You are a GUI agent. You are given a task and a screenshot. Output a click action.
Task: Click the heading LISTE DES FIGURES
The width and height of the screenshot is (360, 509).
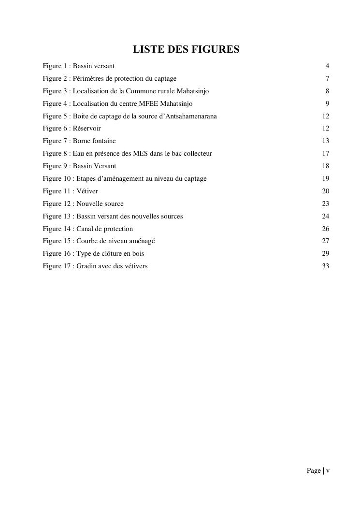tap(186, 49)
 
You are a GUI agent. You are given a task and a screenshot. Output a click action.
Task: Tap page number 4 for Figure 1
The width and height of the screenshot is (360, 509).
tap(327, 66)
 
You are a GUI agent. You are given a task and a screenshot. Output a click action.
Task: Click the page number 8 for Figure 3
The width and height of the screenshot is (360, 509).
tap(327, 91)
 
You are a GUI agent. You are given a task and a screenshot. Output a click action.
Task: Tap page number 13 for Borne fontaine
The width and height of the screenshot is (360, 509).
tap(325, 141)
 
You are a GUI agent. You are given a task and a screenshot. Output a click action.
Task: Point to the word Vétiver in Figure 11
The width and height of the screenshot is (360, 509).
tap(87, 191)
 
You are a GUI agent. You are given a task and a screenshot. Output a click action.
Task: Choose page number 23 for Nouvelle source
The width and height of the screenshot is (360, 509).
tap(325, 204)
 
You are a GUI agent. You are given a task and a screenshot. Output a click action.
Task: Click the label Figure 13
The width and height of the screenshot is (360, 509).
tap(57, 217)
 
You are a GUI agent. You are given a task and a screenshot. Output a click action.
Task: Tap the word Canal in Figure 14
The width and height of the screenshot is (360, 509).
tap(86, 229)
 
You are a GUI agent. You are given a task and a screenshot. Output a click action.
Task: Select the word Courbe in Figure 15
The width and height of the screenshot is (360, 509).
tap(87, 241)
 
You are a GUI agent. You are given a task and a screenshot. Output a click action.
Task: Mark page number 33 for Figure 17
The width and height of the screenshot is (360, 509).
tap(325, 266)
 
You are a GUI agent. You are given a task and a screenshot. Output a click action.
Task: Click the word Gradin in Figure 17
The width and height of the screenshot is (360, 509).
tap(87, 266)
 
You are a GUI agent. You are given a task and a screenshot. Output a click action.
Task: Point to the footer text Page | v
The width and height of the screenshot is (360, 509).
tap(318, 471)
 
